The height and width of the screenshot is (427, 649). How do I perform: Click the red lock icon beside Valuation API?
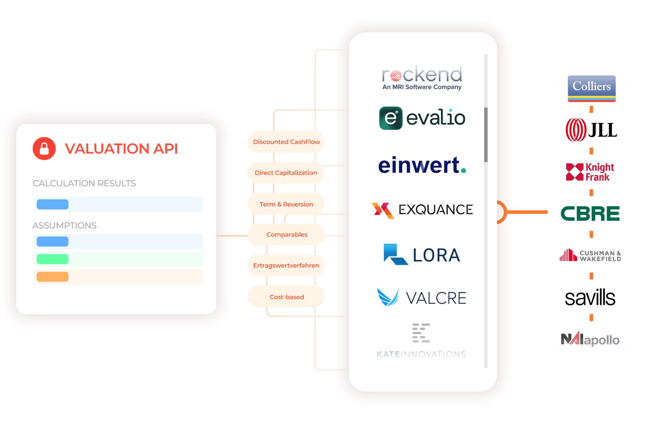tap(44, 149)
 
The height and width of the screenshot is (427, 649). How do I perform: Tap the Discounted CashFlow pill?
tap(286, 142)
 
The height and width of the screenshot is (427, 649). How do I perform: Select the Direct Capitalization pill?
tap(286, 173)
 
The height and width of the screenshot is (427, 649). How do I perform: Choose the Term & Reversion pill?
tap(286, 204)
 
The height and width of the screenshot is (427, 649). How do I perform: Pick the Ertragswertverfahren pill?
tap(286, 266)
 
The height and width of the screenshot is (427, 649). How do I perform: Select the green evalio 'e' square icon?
tap(391, 118)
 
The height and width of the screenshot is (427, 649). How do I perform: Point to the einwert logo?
tap(422, 165)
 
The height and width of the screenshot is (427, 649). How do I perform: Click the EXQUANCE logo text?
tap(436, 210)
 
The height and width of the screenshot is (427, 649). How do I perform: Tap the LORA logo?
tap(422, 254)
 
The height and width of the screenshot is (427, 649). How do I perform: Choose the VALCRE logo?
tap(422, 298)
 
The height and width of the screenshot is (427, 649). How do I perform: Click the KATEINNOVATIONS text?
tap(421, 354)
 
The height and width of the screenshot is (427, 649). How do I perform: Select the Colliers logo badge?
tap(591, 89)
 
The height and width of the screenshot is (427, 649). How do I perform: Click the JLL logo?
tap(591, 130)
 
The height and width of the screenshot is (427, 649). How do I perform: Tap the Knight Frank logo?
tap(590, 172)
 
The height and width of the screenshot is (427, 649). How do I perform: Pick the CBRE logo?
tap(590, 213)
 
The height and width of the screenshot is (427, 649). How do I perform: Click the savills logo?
tap(590, 298)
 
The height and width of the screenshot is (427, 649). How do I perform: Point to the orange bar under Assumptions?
tap(53, 277)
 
